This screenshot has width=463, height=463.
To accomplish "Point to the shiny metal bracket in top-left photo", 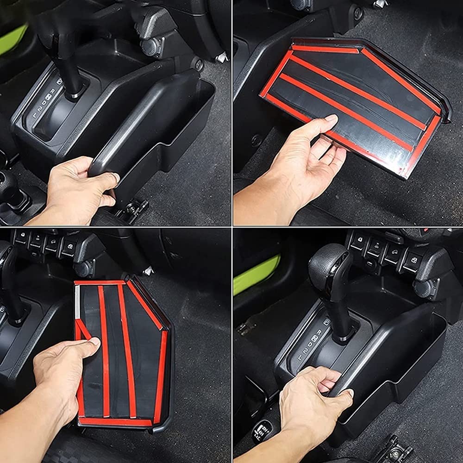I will (221, 57).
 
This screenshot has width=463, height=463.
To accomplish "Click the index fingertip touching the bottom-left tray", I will (94, 342).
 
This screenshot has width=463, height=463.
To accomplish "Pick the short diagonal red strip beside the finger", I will (83, 329).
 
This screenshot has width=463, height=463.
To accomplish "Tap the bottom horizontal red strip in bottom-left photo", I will (116, 421).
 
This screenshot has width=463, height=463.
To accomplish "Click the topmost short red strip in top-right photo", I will (324, 49).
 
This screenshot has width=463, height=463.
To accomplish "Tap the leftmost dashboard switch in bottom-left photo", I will (21, 238).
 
